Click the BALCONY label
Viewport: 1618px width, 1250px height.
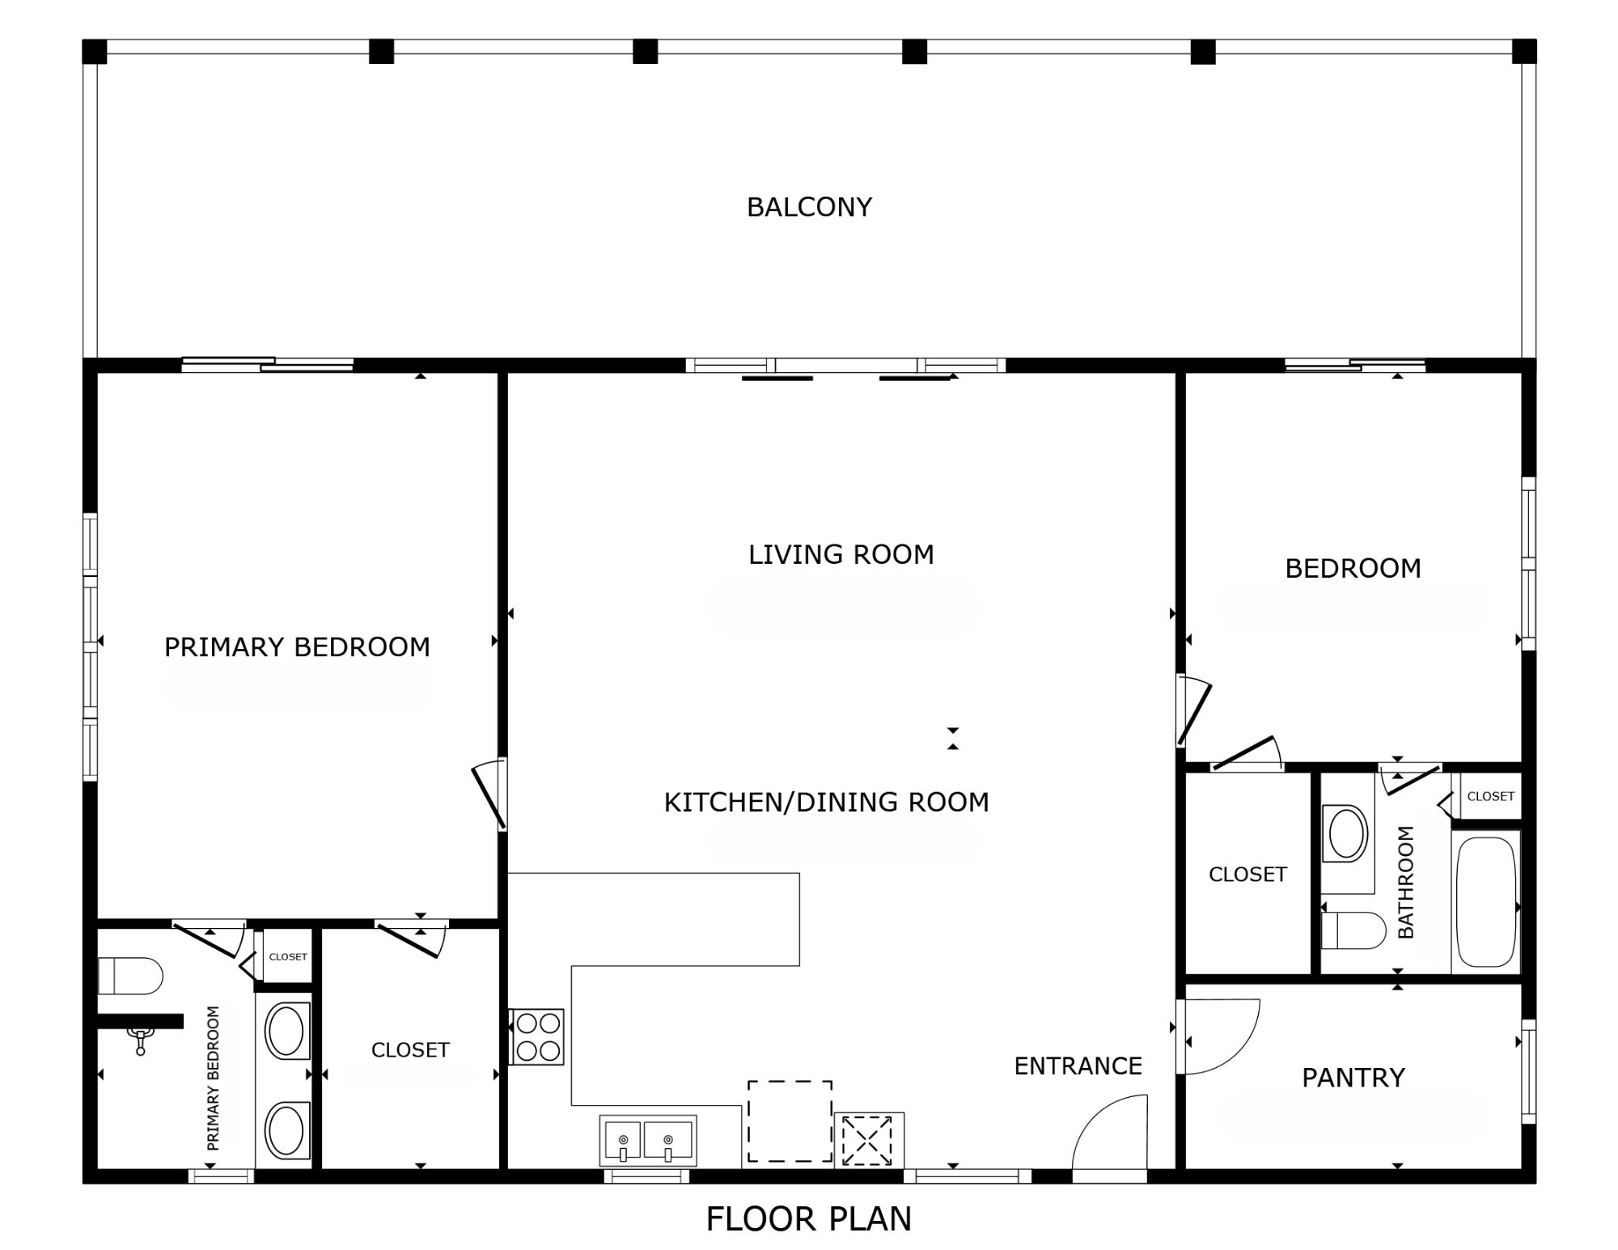(809, 207)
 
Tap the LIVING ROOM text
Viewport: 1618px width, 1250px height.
(841, 555)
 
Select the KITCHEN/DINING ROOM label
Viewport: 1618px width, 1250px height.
(827, 803)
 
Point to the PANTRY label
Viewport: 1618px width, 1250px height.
(1353, 1078)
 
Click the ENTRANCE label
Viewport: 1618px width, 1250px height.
(1078, 1066)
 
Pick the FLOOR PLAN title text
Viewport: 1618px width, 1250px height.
(809, 1219)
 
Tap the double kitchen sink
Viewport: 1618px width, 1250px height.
(647, 1141)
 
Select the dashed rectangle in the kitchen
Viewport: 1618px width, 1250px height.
(790, 1121)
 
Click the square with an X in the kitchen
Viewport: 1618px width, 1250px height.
(867, 1141)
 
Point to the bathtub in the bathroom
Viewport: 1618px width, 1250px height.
(1486, 902)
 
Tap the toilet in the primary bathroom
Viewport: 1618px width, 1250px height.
(130, 976)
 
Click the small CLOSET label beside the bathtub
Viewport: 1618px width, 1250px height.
(1490, 796)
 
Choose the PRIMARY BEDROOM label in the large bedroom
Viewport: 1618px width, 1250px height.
(297, 647)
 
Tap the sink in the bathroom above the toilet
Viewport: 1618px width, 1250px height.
(1346, 833)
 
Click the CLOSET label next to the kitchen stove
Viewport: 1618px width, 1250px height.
(410, 1050)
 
